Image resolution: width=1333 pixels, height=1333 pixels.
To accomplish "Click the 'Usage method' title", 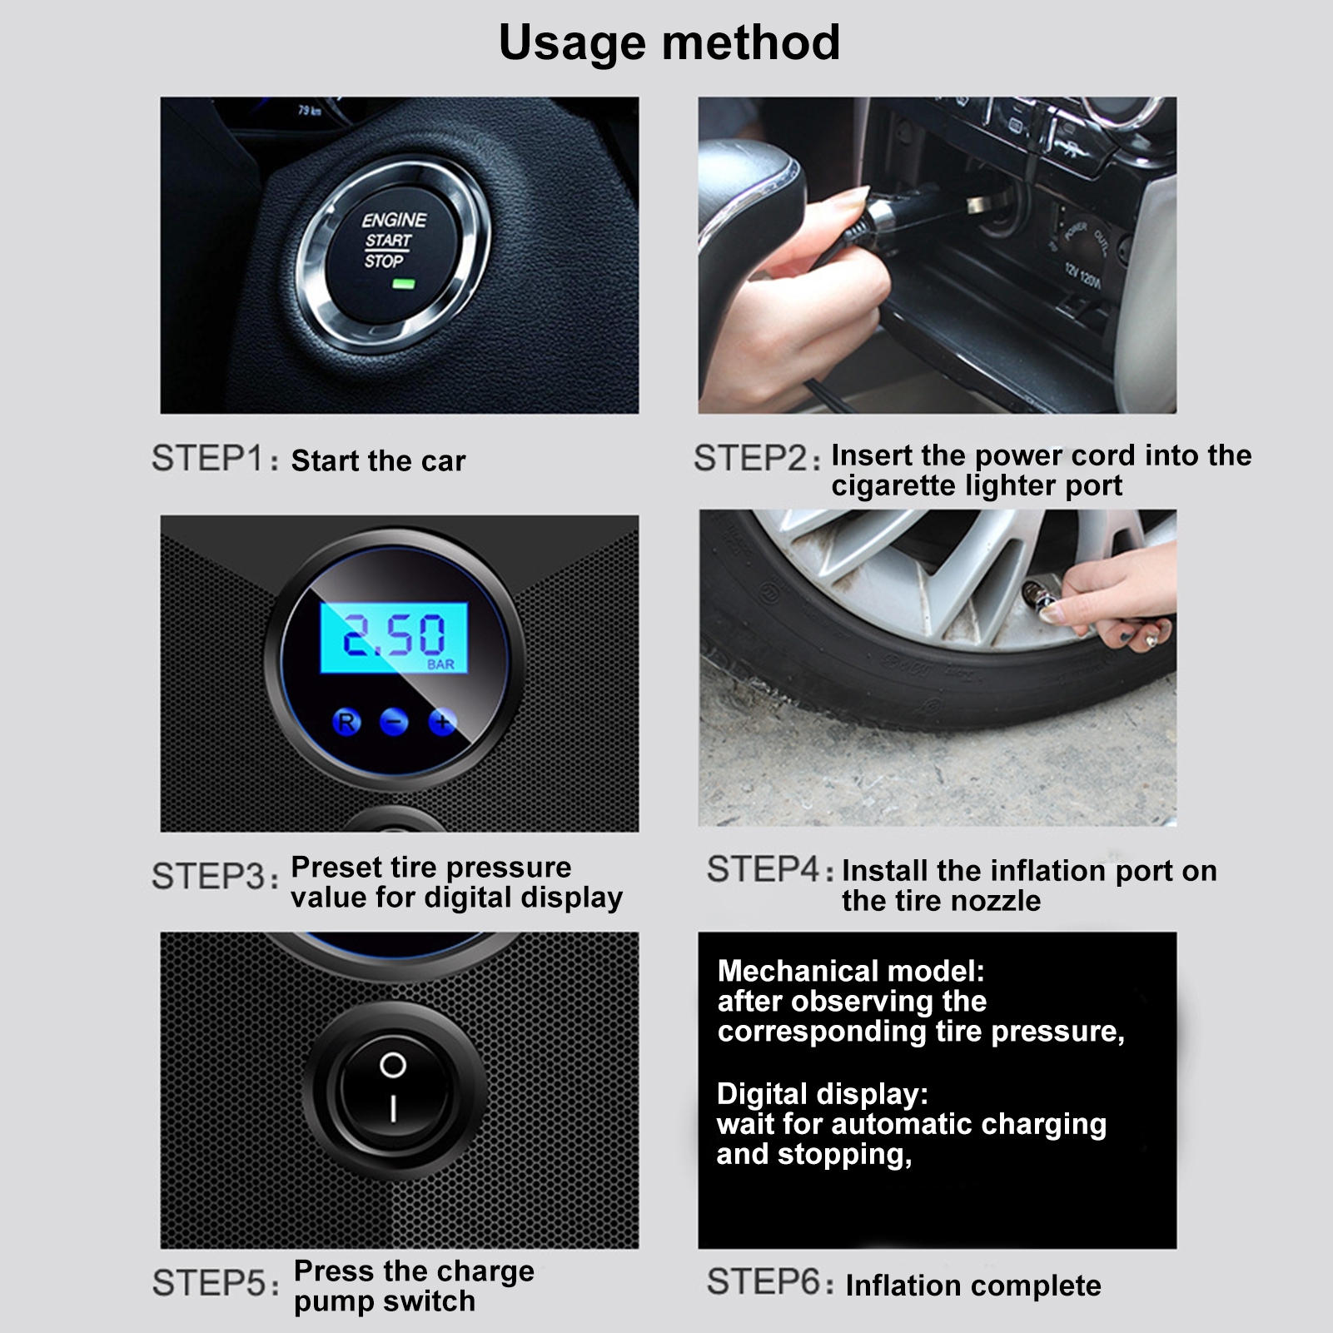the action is (x=669, y=43).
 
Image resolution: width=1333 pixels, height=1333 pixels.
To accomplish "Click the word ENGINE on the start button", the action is (x=394, y=220).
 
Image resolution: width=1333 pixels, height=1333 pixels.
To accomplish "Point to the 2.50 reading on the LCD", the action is (x=394, y=635).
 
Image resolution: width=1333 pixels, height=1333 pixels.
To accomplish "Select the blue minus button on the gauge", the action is (x=395, y=721).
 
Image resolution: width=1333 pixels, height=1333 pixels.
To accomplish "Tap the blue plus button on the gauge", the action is (x=442, y=721).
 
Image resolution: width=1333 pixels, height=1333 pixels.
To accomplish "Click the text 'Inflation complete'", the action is (x=973, y=1286).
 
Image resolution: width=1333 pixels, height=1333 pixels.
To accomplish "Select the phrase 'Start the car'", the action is (x=378, y=460).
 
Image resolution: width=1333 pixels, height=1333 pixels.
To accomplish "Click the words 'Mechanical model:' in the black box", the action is (x=851, y=971).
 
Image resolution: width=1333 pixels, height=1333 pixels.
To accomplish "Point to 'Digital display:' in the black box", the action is (x=823, y=1093).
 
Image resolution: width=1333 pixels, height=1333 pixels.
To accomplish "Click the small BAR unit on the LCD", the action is (x=440, y=664).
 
